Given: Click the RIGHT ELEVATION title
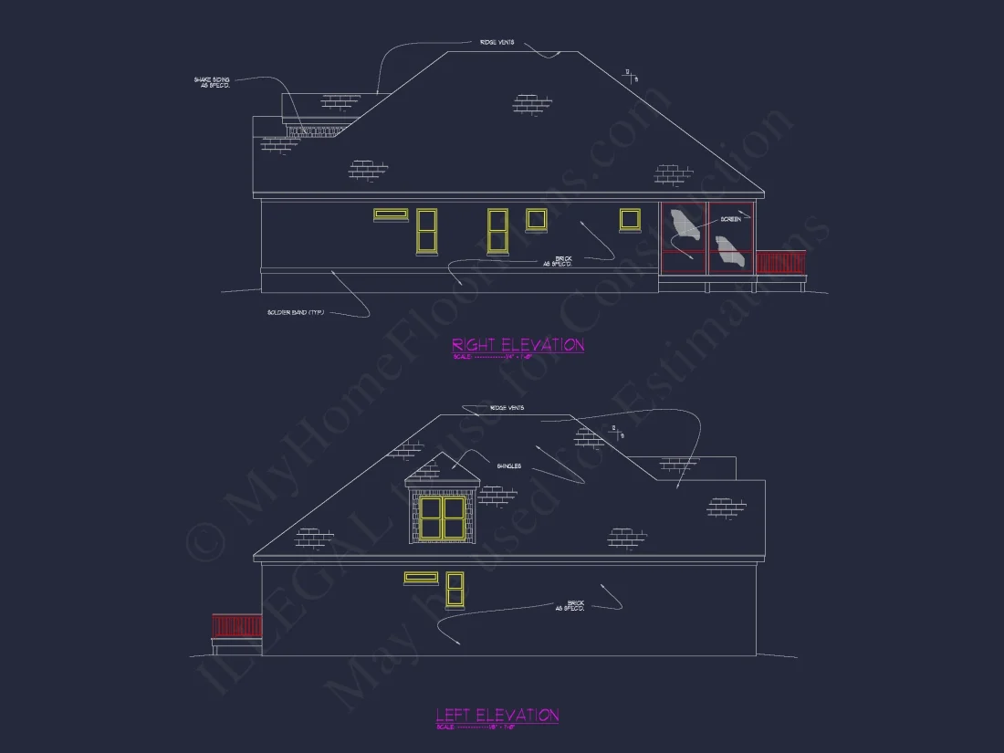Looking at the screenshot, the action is click(x=518, y=344).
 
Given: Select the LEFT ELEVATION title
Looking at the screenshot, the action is click(x=497, y=715).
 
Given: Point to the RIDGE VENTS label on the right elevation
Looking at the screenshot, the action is click(x=497, y=42).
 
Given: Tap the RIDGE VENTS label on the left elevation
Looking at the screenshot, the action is click(x=507, y=407).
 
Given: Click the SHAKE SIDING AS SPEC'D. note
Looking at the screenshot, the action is click(x=212, y=83).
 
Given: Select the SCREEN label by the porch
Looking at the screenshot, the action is click(x=730, y=219).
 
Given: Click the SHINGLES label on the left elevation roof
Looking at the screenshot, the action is click(x=509, y=465).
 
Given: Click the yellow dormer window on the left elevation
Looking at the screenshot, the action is click(x=442, y=518).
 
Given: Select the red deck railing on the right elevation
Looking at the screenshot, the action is click(x=781, y=262).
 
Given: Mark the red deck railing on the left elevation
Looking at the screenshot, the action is click(x=236, y=625).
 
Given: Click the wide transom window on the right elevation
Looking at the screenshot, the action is click(x=390, y=214).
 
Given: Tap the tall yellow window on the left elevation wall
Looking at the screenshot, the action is click(x=455, y=590).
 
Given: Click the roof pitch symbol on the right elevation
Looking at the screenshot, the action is click(x=630, y=76).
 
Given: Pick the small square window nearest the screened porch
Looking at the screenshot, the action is click(x=630, y=219).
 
